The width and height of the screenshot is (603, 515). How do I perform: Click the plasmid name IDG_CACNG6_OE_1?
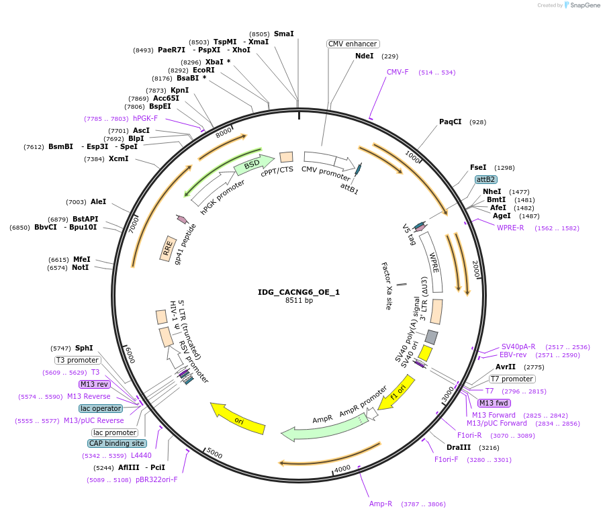point(299,292)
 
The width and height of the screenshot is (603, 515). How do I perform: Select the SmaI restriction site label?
point(283,34)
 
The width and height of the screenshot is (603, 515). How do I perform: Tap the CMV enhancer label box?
point(353,44)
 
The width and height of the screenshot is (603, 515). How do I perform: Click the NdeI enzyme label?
point(364,56)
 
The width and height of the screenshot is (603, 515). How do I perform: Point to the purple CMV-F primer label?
point(398,72)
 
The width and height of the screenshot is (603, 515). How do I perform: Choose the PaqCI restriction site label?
point(451,122)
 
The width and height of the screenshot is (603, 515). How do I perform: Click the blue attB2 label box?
point(485,179)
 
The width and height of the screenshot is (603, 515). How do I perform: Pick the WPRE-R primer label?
point(510,228)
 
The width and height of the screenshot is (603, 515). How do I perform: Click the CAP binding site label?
point(117,443)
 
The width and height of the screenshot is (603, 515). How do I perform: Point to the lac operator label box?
point(101,408)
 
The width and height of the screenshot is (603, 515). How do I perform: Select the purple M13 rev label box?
point(94,384)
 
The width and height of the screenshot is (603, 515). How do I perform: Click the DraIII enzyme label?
point(459,447)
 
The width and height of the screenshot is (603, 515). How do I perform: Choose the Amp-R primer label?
point(380,504)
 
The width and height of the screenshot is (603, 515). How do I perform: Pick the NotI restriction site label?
point(81,268)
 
